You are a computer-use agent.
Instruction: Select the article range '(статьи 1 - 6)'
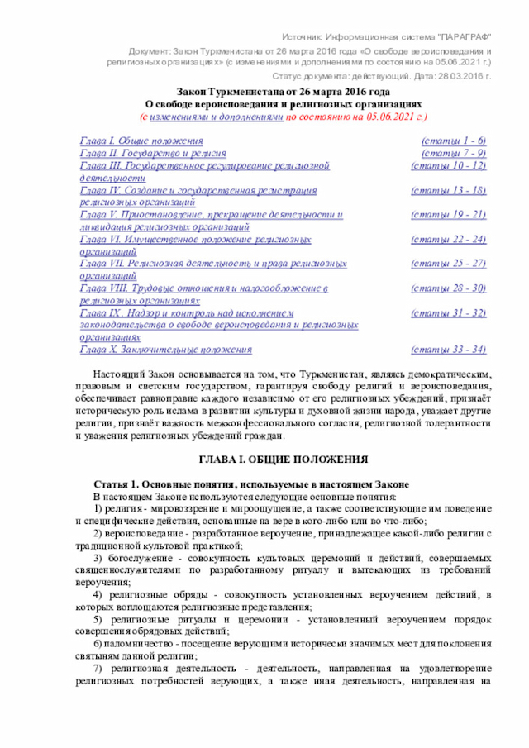(454, 141)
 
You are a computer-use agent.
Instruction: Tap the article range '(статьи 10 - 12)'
(450, 166)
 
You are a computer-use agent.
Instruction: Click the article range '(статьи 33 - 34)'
(450, 350)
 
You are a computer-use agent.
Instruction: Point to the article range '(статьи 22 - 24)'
(450, 240)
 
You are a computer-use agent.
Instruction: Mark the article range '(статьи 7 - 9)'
(454, 154)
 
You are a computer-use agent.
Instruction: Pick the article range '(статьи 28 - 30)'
(450, 288)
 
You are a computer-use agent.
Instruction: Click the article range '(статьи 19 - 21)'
(450, 215)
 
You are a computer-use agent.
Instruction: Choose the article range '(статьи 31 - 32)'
(450, 313)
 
